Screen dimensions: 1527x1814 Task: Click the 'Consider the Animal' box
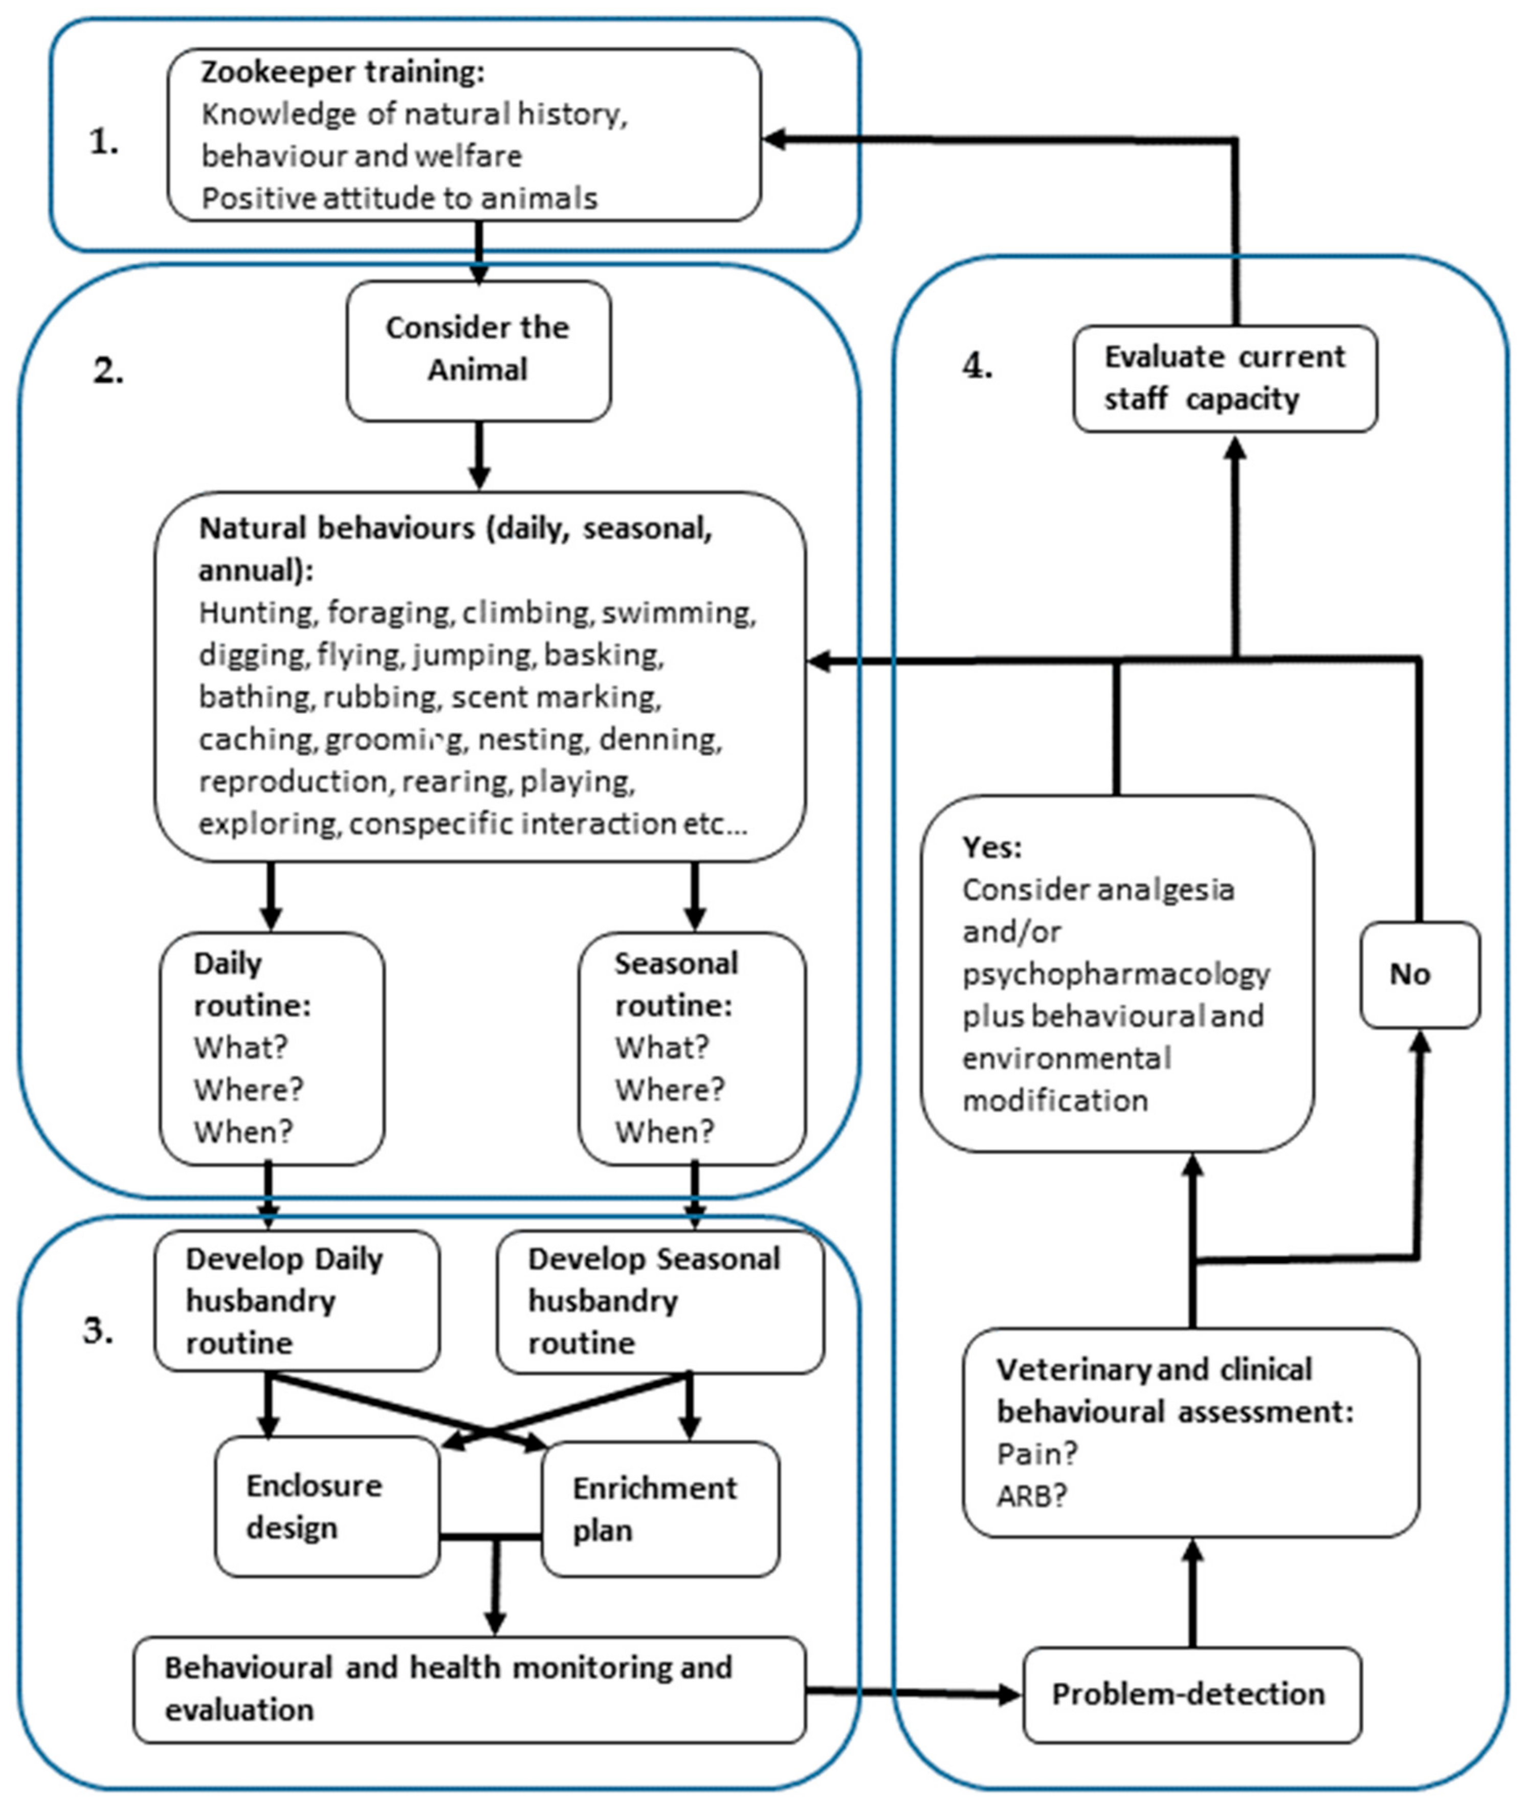(x=479, y=350)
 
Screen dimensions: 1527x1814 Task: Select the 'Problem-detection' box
(x=1192, y=1695)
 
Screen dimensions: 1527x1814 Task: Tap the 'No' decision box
(x=1420, y=975)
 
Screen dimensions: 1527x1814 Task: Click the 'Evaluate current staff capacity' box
(x=1225, y=378)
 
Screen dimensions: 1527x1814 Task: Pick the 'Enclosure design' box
(x=327, y=1507)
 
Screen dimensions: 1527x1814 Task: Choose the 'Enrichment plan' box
(x=660, y=1509)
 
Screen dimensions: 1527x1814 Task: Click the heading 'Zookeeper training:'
(x=343, y=72)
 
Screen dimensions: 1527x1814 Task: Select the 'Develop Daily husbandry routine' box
(x=297, y=1301)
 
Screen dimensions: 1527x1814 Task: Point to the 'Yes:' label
(x=992, y=847)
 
